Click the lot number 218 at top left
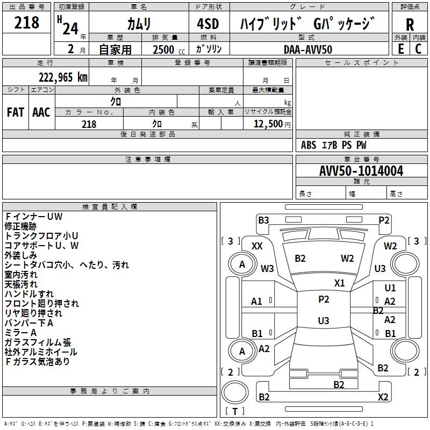27,23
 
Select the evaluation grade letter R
410,24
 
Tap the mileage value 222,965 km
63,77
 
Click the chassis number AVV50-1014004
361,171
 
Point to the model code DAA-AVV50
308,49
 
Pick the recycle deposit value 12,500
268,124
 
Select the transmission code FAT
16,112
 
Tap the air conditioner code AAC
41,112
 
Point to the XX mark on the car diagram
257,246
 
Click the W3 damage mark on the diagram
267,268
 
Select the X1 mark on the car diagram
339,283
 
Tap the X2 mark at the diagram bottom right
383,397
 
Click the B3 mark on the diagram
263,219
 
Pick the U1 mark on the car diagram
390,288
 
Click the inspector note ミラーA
20,333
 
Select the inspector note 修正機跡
20,226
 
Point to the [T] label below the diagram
235,412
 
